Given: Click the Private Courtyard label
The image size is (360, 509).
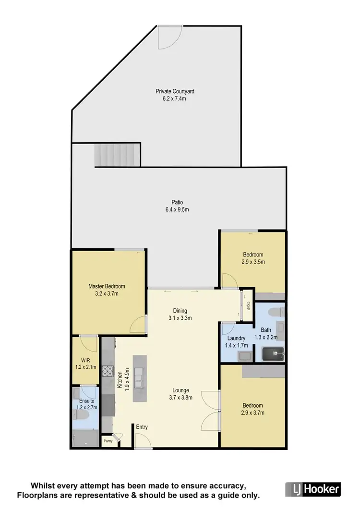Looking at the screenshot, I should (175, 91).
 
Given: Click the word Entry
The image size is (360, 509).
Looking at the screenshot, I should (142, 427).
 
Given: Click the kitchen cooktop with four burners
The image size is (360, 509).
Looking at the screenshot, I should (108, 372).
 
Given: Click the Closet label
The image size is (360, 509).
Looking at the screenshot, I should (248, 305).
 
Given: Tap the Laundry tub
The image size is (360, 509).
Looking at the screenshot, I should (244, 356).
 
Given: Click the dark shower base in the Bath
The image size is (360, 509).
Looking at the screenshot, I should (273, 355).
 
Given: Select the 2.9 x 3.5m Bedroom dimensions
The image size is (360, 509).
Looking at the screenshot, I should (252, 262).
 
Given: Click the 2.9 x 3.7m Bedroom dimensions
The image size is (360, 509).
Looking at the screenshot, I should (252, 412).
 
